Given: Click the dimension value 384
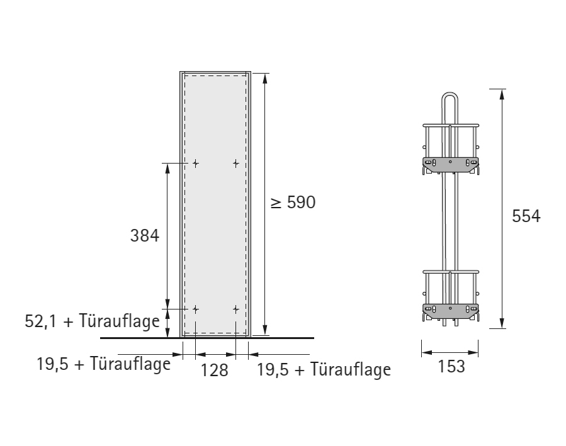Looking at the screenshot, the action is coord(144,236).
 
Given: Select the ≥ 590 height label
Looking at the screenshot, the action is coord(293,203).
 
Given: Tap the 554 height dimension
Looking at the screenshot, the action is coord(526,216).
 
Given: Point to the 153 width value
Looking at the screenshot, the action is coord(451,367).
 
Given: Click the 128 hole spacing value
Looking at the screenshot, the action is coord(215,371).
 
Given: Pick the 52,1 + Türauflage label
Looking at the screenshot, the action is coord(92,321).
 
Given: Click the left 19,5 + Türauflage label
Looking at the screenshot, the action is coord(104,364).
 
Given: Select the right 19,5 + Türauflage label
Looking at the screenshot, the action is coord(324,369).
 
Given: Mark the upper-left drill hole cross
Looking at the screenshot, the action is coord(195,164).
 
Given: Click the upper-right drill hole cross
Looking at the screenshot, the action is coord(235,164).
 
